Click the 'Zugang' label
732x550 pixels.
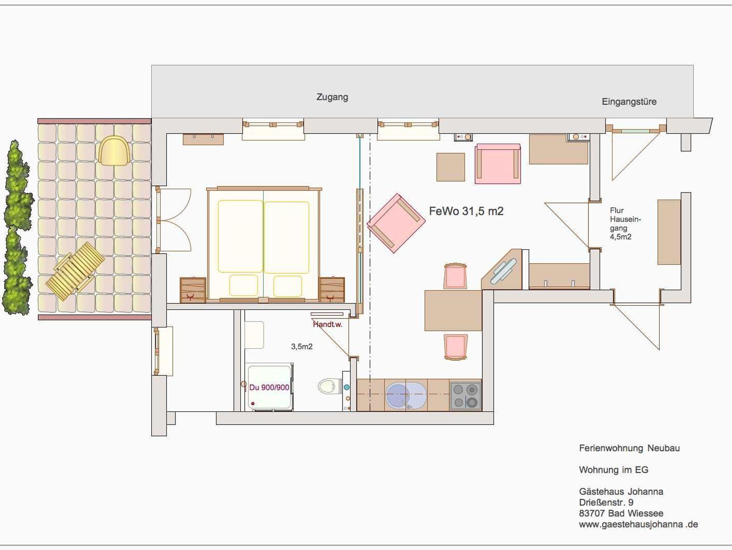[332, 97]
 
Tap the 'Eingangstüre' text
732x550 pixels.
[629, 102]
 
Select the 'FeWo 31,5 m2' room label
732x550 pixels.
[466, 211]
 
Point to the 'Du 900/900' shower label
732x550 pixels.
[269, 387]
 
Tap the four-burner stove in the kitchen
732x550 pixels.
[465, 396]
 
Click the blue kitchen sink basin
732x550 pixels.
[406, 396]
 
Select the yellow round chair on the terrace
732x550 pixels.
[114, 151]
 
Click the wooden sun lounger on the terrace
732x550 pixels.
[75, 271]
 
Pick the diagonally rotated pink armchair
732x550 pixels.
[396, 223]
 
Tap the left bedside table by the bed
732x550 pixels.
[193, 290]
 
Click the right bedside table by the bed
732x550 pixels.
[332, 290]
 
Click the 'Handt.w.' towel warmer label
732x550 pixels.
[327, 325]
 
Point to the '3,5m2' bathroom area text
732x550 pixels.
[302, 347]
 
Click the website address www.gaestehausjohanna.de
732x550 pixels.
[638, 525]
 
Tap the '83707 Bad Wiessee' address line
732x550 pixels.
[621, 514]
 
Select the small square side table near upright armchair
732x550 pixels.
[451, 167]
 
